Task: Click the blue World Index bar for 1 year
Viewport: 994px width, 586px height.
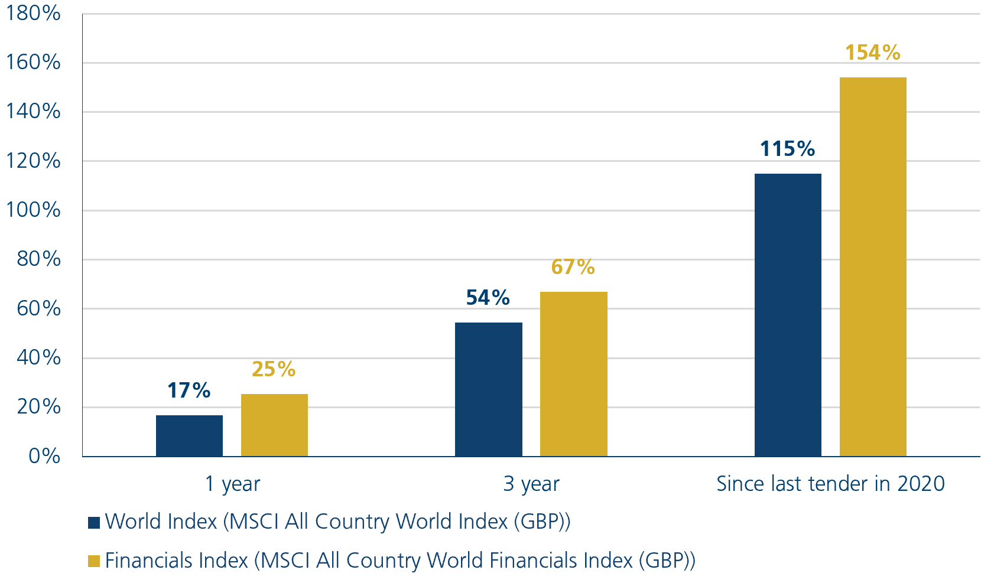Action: click(189, 435)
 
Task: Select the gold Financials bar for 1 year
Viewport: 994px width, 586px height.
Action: click(274, 425)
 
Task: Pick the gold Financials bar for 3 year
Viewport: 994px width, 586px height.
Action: click(573, 373)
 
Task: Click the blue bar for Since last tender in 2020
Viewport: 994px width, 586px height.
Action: click(788, 314)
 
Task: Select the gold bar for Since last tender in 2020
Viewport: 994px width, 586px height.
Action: click(873, 266)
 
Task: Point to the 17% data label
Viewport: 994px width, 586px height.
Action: click(189, 390)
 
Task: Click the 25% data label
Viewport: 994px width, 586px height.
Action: click(274, 369)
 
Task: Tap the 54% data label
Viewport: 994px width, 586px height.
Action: click(488, 298)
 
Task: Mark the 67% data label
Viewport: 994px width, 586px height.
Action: click(573, 267)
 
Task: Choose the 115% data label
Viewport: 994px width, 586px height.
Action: click(788, 149)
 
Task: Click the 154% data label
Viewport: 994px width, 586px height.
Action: click(872, 53)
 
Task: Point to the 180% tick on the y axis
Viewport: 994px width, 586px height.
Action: click(33, 13)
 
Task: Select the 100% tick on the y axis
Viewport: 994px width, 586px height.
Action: click(33, 210)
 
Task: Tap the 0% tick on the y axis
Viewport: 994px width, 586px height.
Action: click(44, 456)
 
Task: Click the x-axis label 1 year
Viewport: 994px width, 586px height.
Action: click(232, 484)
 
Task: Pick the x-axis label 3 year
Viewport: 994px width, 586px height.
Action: click(531, 484)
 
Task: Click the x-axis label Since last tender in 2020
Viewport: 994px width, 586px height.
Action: click(830, 484)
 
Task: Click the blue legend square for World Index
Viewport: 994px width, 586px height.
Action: click(94, 522)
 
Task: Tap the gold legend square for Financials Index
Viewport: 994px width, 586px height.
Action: click(94, 561)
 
